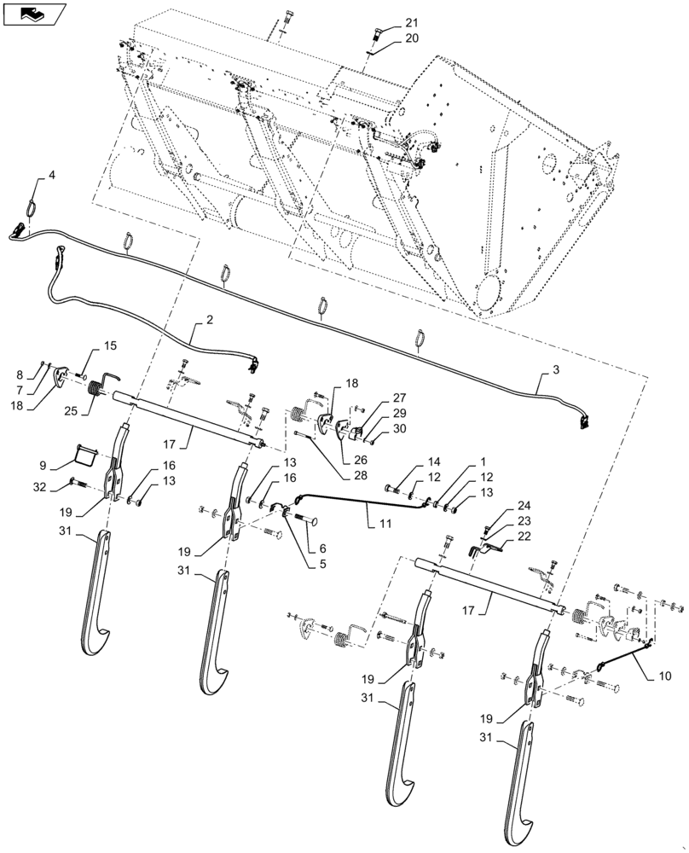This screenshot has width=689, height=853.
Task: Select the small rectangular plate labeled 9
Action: point(83,451)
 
